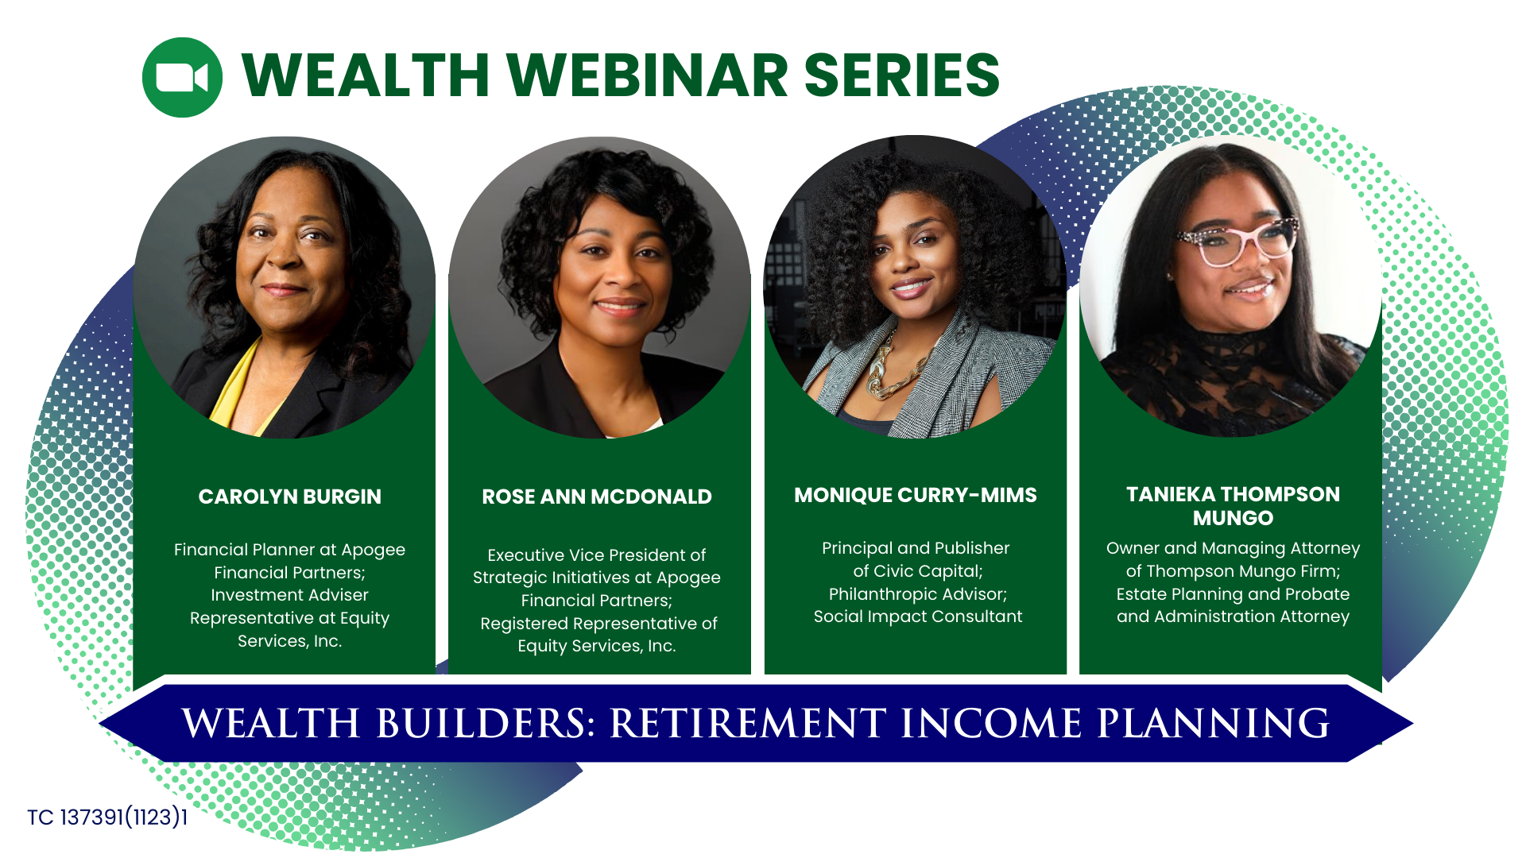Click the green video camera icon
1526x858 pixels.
click(x=182, y=77)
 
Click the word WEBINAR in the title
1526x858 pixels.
click(x=647, y=75)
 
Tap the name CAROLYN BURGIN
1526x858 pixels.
click(x=289, y=497)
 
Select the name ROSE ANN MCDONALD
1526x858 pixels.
click(x=596, y=497)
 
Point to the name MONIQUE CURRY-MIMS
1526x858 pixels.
click(x=915, y=495)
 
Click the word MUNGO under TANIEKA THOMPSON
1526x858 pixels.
click(x=1233, y=518)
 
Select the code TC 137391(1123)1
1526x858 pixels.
click(x=107, y=817)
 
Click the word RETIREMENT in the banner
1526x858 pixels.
click(x=747, y=724)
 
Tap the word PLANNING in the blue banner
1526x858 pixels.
click(x=1213, y=724)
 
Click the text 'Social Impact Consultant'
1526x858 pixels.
click(x=917, y=616)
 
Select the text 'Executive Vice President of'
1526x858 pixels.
click(x=596, y=555)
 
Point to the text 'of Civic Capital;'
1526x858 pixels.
click(x=917, y=571)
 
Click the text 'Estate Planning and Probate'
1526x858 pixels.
click(x=1233, y=594)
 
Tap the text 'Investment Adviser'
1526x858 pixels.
click(x=289, y=595)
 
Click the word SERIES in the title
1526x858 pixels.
click(x=902, y=75)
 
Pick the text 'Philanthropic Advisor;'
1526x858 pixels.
click(x=917, y=594)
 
